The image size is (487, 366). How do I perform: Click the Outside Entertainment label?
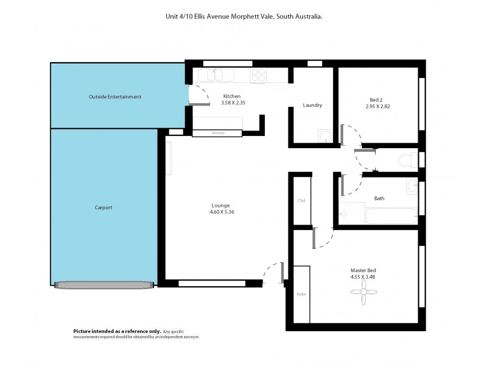[115, 96]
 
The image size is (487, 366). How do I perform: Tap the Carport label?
[103, 207]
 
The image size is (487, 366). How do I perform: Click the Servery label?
[218, 133]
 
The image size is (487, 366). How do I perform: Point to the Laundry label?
[312, 106]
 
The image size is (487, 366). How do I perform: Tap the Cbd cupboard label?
[301, 201]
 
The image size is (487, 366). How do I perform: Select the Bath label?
[379, 198]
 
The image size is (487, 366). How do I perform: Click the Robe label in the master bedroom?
[301, 294]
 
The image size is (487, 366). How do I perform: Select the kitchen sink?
[215, 75]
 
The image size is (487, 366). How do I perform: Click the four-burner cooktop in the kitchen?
[259, 75]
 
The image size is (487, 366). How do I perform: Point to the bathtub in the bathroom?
[391, 216]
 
